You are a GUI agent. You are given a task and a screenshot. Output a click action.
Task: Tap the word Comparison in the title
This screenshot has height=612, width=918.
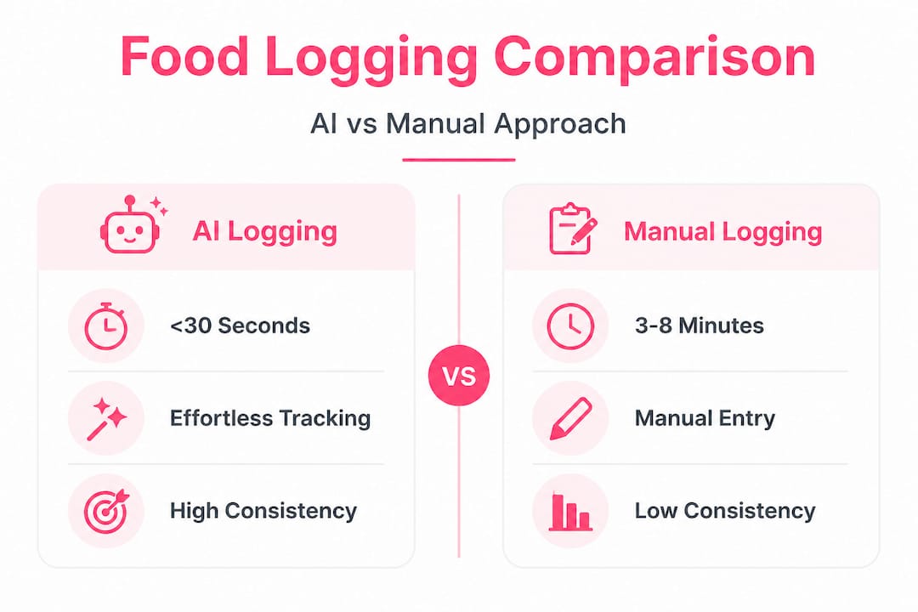pos(654,57)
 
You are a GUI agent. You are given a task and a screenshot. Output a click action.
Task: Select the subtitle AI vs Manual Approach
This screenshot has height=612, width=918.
pos(467,123)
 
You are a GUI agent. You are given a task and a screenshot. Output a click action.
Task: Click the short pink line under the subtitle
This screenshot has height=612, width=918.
pos(458,159)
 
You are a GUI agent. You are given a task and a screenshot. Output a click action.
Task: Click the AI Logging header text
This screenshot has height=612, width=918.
pos(264,231)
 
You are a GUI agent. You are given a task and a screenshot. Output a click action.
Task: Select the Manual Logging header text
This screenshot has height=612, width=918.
pos(723,231)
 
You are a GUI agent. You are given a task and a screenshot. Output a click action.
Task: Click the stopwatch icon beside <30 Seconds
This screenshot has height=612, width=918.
pos(106,326)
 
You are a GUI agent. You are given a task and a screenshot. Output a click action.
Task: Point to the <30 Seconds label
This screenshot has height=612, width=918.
pos(240,326)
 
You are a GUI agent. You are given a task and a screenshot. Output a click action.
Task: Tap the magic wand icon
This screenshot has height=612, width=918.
pos(106,418)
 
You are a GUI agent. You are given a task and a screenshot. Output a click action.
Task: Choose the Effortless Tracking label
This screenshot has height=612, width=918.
pos(270,418)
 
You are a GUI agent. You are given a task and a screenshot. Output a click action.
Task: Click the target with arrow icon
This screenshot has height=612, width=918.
pos(106,511)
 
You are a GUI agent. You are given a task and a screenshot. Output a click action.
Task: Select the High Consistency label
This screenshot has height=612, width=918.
pos(263,511)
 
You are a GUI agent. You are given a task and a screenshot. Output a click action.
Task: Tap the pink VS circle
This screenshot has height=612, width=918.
pos(459,376)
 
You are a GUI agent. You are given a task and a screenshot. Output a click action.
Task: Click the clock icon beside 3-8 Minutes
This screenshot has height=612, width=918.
pos(570,326)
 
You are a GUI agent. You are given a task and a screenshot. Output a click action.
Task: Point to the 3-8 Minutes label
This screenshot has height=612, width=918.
pos(699,326)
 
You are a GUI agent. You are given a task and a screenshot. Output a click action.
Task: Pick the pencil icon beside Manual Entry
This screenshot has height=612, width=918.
pos(570,418)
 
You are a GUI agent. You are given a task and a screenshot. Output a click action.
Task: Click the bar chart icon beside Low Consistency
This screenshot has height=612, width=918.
pos(570,513)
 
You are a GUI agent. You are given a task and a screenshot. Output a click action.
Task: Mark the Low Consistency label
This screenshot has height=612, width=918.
pos(725,511)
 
